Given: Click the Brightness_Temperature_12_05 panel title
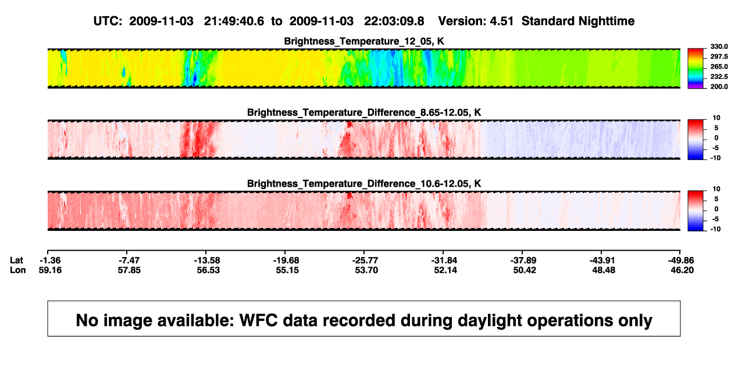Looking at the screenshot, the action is click(364, 41).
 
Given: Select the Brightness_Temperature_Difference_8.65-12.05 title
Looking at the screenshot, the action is click(364, 112).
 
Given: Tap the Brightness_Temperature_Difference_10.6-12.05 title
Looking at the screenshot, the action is click(364, 184).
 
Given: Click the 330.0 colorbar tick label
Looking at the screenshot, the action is click(719, 47).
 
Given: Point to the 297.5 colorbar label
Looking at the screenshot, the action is click(719, 56).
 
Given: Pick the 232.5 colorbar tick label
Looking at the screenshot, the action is click(719, 77).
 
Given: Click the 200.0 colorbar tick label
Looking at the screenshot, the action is click(719, 87).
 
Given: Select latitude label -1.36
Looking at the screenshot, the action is click(50, 261).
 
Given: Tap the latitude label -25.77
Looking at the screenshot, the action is click(365, 261).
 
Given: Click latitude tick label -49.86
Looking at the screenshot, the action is click(681, 261).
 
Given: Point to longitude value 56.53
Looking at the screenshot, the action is click(208, 270).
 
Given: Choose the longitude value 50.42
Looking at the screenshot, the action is click(525, 270).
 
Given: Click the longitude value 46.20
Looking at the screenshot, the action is click(682, 270).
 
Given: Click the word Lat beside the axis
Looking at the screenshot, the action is click(16, 261).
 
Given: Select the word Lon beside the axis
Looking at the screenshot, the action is click(18, 270).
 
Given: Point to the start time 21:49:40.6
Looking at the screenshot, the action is click(234, 21).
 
